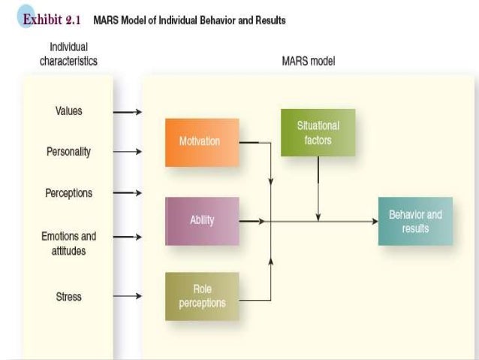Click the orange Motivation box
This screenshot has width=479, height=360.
[202, 142]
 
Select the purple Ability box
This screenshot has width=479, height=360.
[202, 220]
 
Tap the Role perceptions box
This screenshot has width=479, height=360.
[202, 297]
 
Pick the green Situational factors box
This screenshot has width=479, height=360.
[318, 132]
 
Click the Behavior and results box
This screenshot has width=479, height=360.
[415, 221]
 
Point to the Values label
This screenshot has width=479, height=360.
[69, 111]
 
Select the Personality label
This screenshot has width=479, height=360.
[69, 152]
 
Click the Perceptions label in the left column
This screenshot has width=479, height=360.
[69, 193]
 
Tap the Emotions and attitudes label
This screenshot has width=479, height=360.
[69, 244]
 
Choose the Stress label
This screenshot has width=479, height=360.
[69, 297]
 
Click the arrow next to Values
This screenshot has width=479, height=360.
[127, 112]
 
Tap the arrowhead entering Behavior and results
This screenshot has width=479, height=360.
[373, 221]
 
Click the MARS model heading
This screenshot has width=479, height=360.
[308, 62]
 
